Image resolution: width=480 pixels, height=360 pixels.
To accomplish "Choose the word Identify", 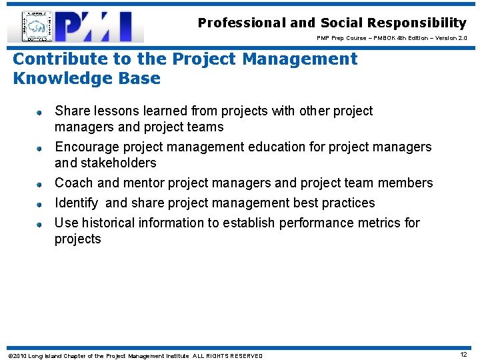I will pos(76,203).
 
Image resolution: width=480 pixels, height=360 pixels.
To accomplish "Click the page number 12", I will pos(463,355).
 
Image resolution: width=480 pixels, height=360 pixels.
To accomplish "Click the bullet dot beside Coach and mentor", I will pos(40,183).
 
